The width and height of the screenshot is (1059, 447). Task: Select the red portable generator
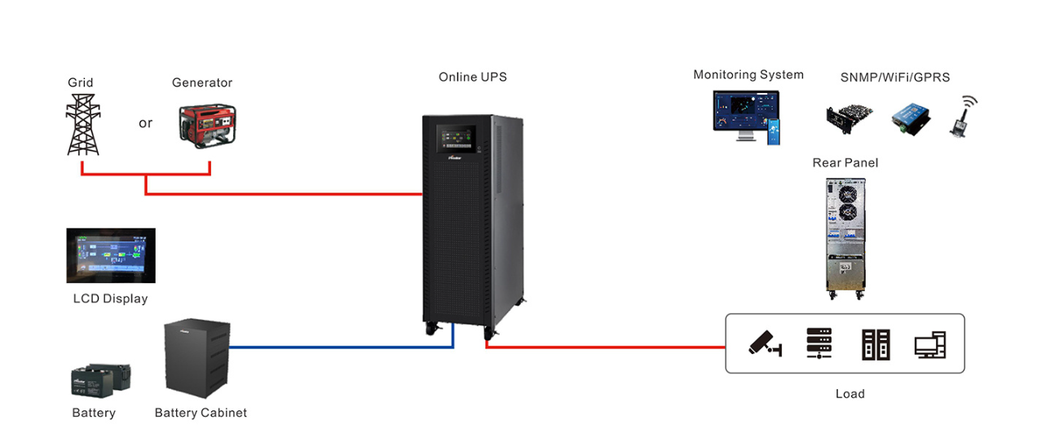[207, 125]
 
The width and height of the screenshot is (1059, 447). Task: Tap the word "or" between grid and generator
[145, 123]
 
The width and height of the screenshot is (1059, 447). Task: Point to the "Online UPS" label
[472, 77]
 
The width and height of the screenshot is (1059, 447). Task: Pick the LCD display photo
[111, 255]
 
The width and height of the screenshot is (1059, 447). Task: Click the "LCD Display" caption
[110, 299]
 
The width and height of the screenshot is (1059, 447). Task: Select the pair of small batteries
[101, 379]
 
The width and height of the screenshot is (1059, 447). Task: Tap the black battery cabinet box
[196, 357]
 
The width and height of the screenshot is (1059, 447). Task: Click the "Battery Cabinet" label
[201, 413]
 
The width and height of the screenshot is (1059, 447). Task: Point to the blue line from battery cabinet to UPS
[342, 347]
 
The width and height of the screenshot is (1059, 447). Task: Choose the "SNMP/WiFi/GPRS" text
[894, 77]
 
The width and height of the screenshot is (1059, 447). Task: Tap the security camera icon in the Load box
[766, 343]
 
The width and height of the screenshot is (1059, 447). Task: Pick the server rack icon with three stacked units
[819, 343]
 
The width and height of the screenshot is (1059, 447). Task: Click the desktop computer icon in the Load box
[929, 345]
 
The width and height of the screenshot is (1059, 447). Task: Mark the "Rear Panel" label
[845, 163]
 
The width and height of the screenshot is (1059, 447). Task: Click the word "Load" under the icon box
[849, 394]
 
